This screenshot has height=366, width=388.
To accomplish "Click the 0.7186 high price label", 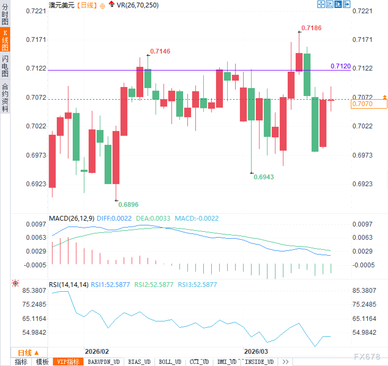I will [311, 28].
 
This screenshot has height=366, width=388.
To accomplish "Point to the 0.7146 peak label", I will [160, 51].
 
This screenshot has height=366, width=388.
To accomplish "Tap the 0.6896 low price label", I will [128, 204].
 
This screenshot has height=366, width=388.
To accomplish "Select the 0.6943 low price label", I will [264, 177].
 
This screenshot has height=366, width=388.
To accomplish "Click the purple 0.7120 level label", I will [340, 66].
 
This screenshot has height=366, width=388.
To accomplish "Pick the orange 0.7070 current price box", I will [369, 104].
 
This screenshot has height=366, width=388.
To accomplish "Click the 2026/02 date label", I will [97, 351].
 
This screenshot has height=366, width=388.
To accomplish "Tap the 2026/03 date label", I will [256, 351].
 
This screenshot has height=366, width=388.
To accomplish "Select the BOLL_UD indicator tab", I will [170, 362].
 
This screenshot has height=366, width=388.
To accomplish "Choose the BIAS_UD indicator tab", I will [139, 362].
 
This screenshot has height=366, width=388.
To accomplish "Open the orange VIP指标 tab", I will [68, 362].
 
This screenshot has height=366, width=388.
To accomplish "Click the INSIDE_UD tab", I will [259, 362].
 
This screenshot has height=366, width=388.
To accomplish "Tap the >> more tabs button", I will [285, 362].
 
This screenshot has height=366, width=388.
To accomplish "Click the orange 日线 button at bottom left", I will [28, 353].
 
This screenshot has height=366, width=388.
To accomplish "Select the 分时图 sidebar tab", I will [5, 14].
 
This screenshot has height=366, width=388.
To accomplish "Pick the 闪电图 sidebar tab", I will [5, 66].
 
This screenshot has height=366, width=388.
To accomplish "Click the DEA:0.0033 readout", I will [153, 218].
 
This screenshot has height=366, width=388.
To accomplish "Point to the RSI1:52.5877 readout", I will [110, 285].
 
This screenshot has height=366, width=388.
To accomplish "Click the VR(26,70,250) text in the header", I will [137, 5].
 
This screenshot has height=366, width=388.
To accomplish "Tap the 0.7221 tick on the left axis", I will [36, 11].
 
